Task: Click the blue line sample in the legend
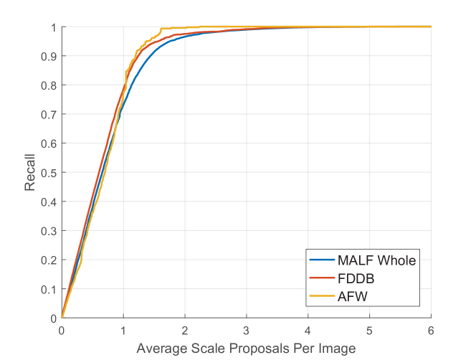(322, 260)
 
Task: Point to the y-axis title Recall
(30, 173)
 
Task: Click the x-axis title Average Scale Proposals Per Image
(246, 348)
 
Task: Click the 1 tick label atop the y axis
(54, 27)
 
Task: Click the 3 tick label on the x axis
(247, 332)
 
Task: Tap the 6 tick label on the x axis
(431, 332)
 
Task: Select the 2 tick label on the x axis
(185, 332)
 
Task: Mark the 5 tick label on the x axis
(369, 332)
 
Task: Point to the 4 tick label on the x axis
(308, 332)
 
